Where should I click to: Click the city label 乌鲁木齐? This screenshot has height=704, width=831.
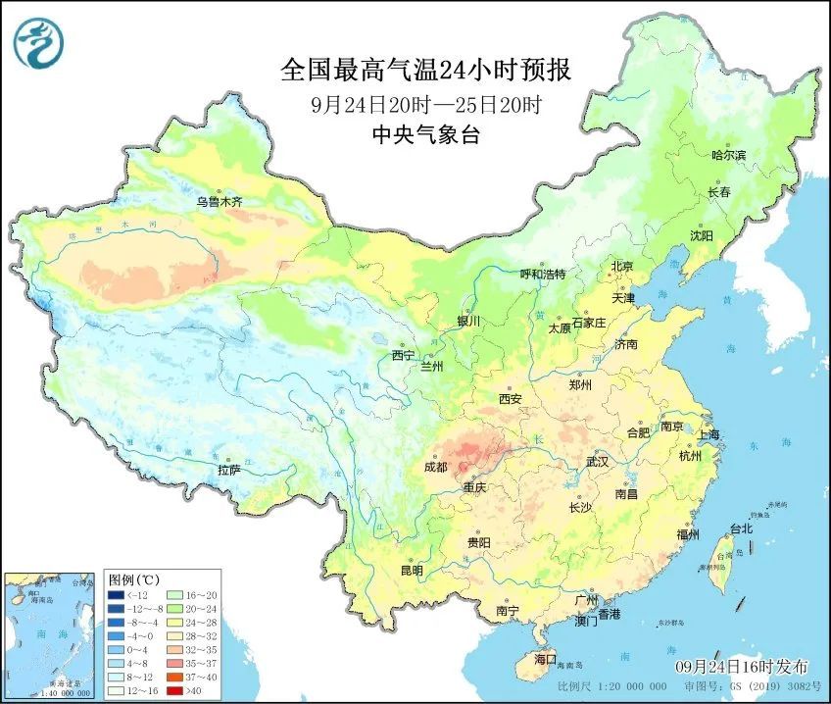[x=219, y=202]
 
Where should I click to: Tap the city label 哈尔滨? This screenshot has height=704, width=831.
[x=728, y=155]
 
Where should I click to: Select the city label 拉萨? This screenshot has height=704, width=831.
[x=228, y=471]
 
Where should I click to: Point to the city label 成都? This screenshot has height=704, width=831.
[x=436, y=469]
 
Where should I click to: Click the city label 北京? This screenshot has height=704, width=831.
[x=622, y=267]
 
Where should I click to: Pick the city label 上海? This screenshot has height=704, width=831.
[x=708, y=434]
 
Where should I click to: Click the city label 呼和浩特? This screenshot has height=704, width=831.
[x=542, y=275]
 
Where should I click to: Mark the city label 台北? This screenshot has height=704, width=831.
[x=742, y=528]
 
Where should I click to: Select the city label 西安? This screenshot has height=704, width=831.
[x=511, y=399]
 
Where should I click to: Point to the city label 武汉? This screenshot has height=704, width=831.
[x=597, y=461]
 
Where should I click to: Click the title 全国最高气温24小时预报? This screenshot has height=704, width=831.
[x=425, y=71]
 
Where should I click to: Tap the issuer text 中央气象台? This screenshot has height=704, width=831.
[x=425, y=136]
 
